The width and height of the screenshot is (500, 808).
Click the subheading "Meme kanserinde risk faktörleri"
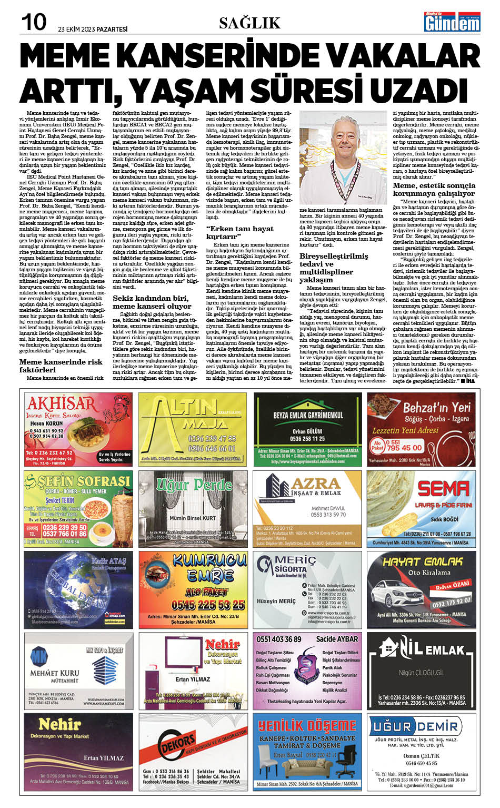tap(61, 366)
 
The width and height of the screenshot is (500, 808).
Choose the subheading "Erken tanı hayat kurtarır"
tap(239, 232)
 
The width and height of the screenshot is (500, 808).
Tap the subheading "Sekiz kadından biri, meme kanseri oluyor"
tap(152, 302)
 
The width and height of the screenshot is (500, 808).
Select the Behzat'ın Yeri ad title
tap(436, 408)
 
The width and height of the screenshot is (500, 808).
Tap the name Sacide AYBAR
tap(337, 639)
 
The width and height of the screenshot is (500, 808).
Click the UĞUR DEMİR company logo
tap(416, 727)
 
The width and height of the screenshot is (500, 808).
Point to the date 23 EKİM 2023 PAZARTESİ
tap(93, 29)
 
